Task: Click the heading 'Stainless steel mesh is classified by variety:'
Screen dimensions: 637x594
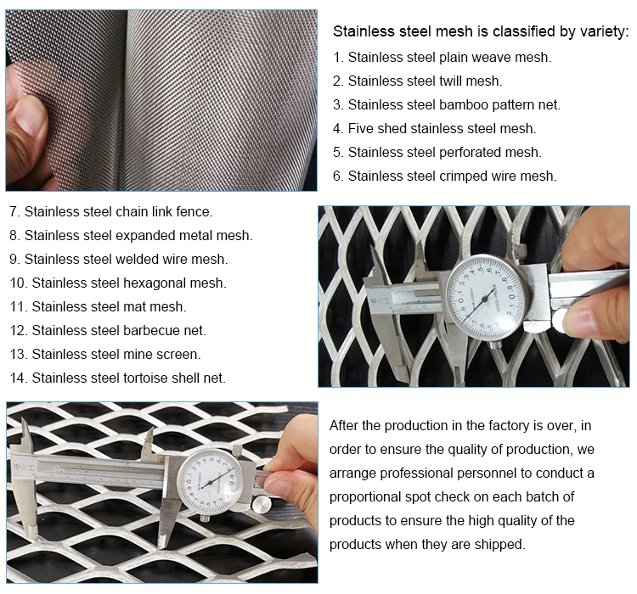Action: (x=481, y=31)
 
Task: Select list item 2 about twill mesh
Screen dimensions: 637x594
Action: (x=418, y=81)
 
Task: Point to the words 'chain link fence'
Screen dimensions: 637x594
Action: (x=164, y=211)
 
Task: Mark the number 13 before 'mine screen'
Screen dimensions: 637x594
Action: (x=18, y=355)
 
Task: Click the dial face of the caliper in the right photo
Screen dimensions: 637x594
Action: (x=487, y=297)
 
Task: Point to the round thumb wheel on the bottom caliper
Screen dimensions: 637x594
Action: (x=262, y=506)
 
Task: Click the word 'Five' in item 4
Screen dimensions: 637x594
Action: (x=360, y=129)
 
